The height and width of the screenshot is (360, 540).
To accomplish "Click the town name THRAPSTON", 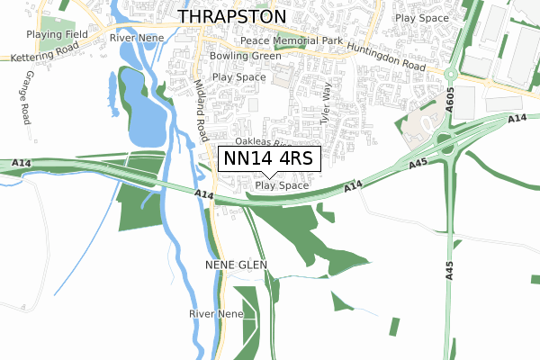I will (232, 17).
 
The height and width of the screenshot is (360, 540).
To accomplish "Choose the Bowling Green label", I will (245, 56).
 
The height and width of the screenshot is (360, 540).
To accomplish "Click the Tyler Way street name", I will (327, 103).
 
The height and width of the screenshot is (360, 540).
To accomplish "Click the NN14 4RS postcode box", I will (269, 158).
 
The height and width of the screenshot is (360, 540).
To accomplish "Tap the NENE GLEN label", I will (237, 264).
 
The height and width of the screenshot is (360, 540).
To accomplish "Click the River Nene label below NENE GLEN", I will (216, 313).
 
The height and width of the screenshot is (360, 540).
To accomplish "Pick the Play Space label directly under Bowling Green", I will (239, 77).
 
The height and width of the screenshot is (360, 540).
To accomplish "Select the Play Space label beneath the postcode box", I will (282, 185).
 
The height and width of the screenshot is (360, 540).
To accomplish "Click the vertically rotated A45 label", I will (448, 270).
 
